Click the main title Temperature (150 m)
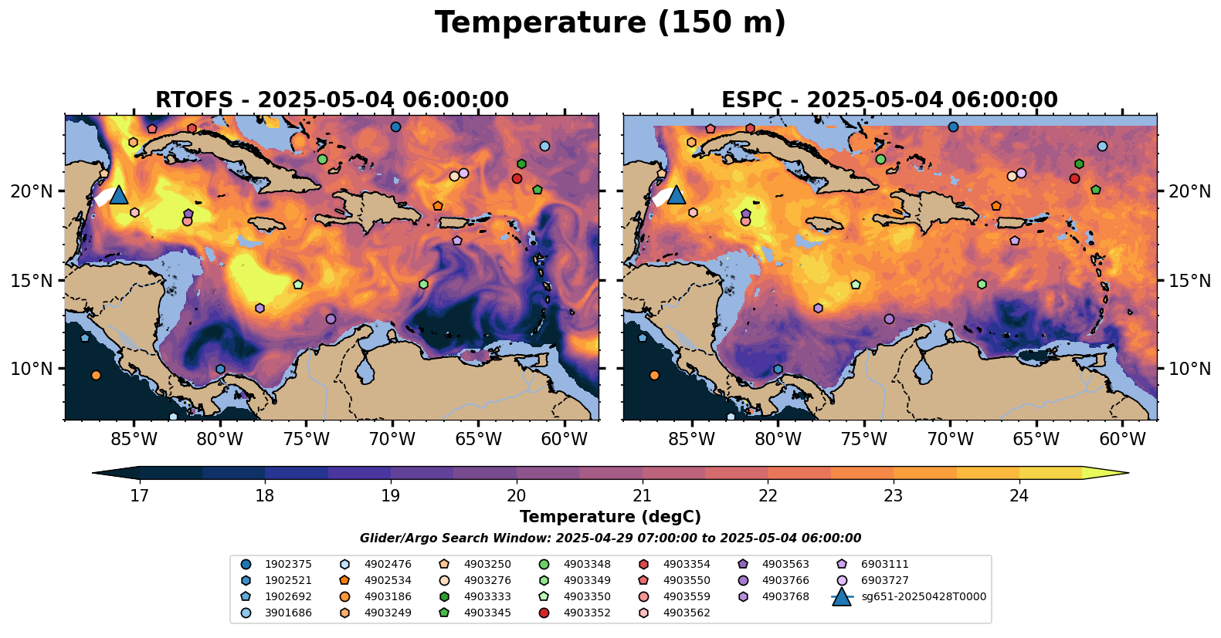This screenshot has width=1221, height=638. (x=610, y=23)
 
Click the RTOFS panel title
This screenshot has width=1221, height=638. (x=332, y=100)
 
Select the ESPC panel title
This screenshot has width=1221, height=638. (x=890, y=100)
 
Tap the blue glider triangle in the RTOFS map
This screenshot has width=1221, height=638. (x=119, y=194)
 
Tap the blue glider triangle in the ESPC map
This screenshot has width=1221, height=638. (x=677, y=194)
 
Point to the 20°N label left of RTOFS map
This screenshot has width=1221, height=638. (x=32, y=191)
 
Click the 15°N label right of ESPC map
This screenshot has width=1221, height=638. (x=1189, y=281)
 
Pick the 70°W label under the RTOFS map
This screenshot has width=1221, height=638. (x=392, y=440)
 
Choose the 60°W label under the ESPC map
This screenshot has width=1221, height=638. (x=1122, y=440)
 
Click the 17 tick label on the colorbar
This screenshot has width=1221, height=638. (x=139, y=495)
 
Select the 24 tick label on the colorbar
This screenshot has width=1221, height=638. (x=1019, y=495)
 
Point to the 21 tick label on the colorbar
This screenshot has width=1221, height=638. (x=642, y=495)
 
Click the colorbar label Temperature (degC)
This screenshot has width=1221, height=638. (x=610, y=517)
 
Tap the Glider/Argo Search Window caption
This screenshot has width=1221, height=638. (x=610, y=538)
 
